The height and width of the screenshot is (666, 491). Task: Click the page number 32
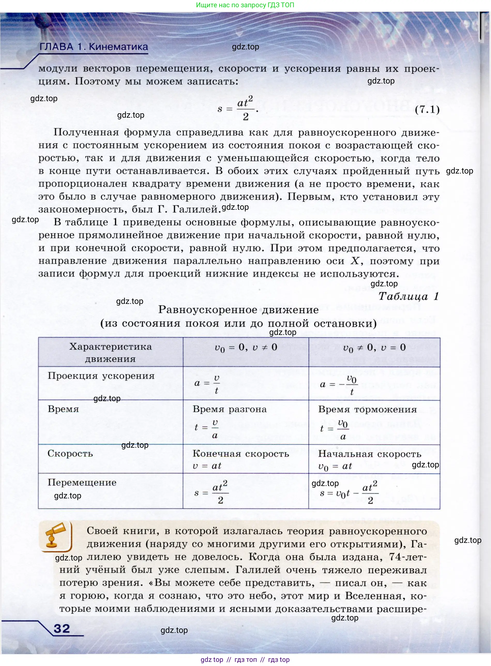click(62, 628)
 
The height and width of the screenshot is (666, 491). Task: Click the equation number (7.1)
click(427, 110)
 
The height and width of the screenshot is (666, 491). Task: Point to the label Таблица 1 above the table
click(408, 296)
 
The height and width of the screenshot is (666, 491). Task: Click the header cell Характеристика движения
click(111, 352)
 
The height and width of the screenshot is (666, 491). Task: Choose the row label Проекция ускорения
click(101, 376)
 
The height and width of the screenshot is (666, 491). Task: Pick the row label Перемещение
click(82, 482)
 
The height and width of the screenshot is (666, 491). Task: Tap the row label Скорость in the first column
click(70, 453)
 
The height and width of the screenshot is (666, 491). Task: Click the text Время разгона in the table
click(229, 409)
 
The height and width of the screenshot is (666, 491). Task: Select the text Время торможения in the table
click(367, 409)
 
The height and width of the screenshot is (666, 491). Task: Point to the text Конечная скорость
click(241, 454)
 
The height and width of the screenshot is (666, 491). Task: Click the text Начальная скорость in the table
click(370, 454)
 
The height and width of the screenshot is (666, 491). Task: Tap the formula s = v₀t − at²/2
click(349, 493)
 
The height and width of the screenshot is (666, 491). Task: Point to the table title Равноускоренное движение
click(238, 310)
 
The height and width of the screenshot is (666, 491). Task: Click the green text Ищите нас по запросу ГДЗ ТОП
click(245, 5)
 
